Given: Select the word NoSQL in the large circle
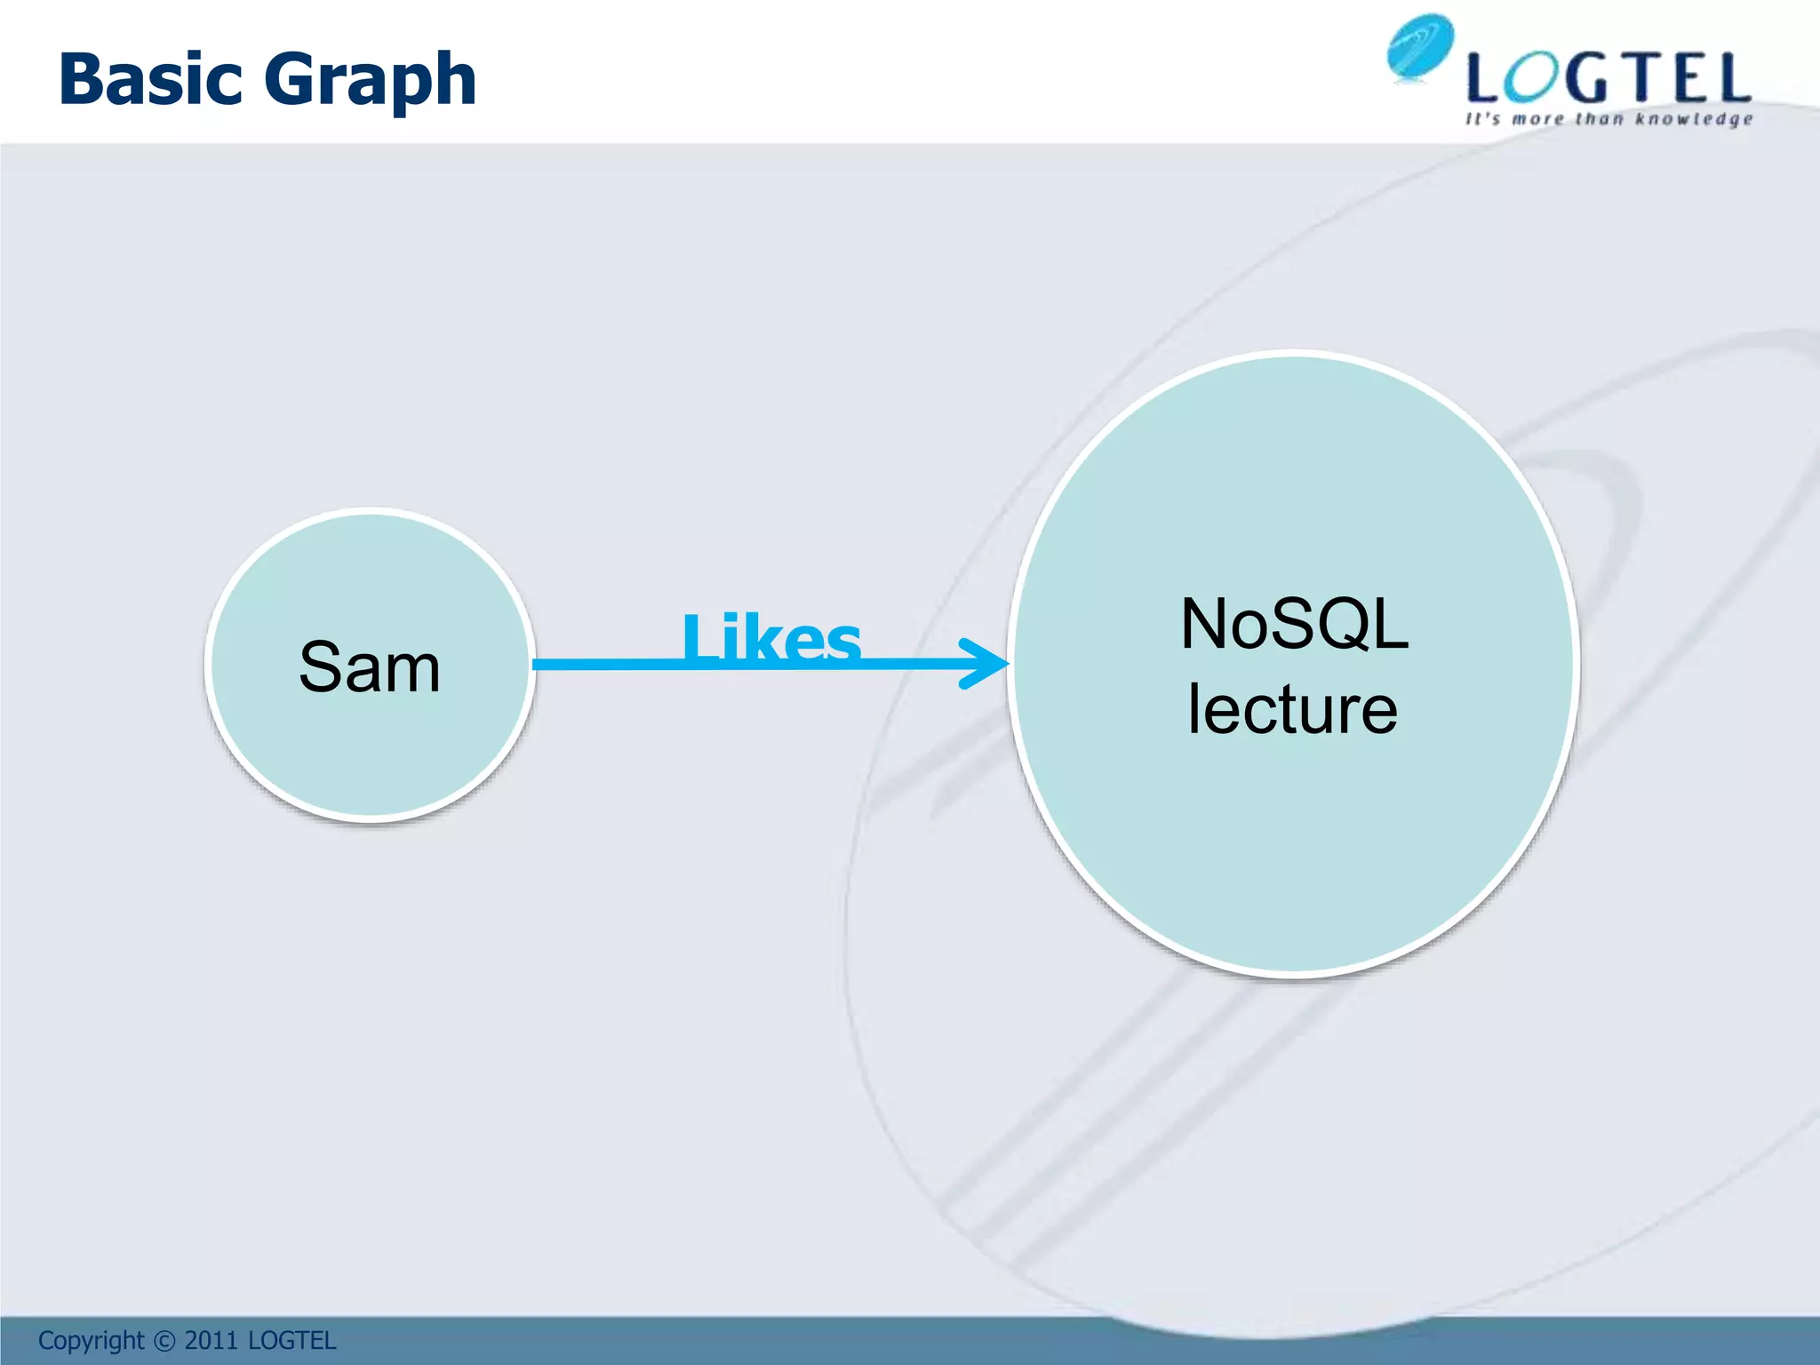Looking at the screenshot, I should (x=1294, y=625).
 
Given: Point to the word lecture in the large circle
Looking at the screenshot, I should (x=1292, y=708).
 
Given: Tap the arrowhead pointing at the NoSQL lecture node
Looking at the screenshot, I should (x=986, y=663).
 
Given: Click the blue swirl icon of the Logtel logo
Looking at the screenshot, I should (x=1420, y=47).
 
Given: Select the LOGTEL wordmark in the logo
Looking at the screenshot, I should (x=1608, y=78).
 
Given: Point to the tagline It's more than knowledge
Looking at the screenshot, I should (x=1608, y=119).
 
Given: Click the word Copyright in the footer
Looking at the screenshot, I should (x=91, y=1340).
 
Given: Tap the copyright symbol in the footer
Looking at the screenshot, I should (x=164, y=1341).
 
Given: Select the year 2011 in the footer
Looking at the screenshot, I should (x=211, y=1340).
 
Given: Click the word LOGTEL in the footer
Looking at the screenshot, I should (x=291, y=1340).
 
